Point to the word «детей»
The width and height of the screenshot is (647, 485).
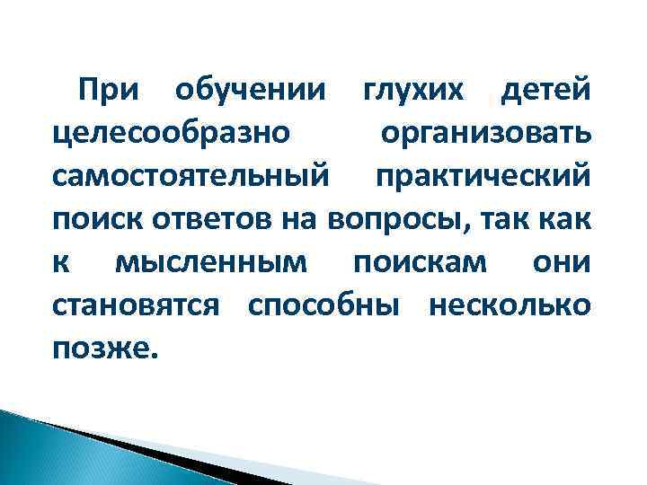545,91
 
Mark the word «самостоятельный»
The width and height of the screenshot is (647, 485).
191,176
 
